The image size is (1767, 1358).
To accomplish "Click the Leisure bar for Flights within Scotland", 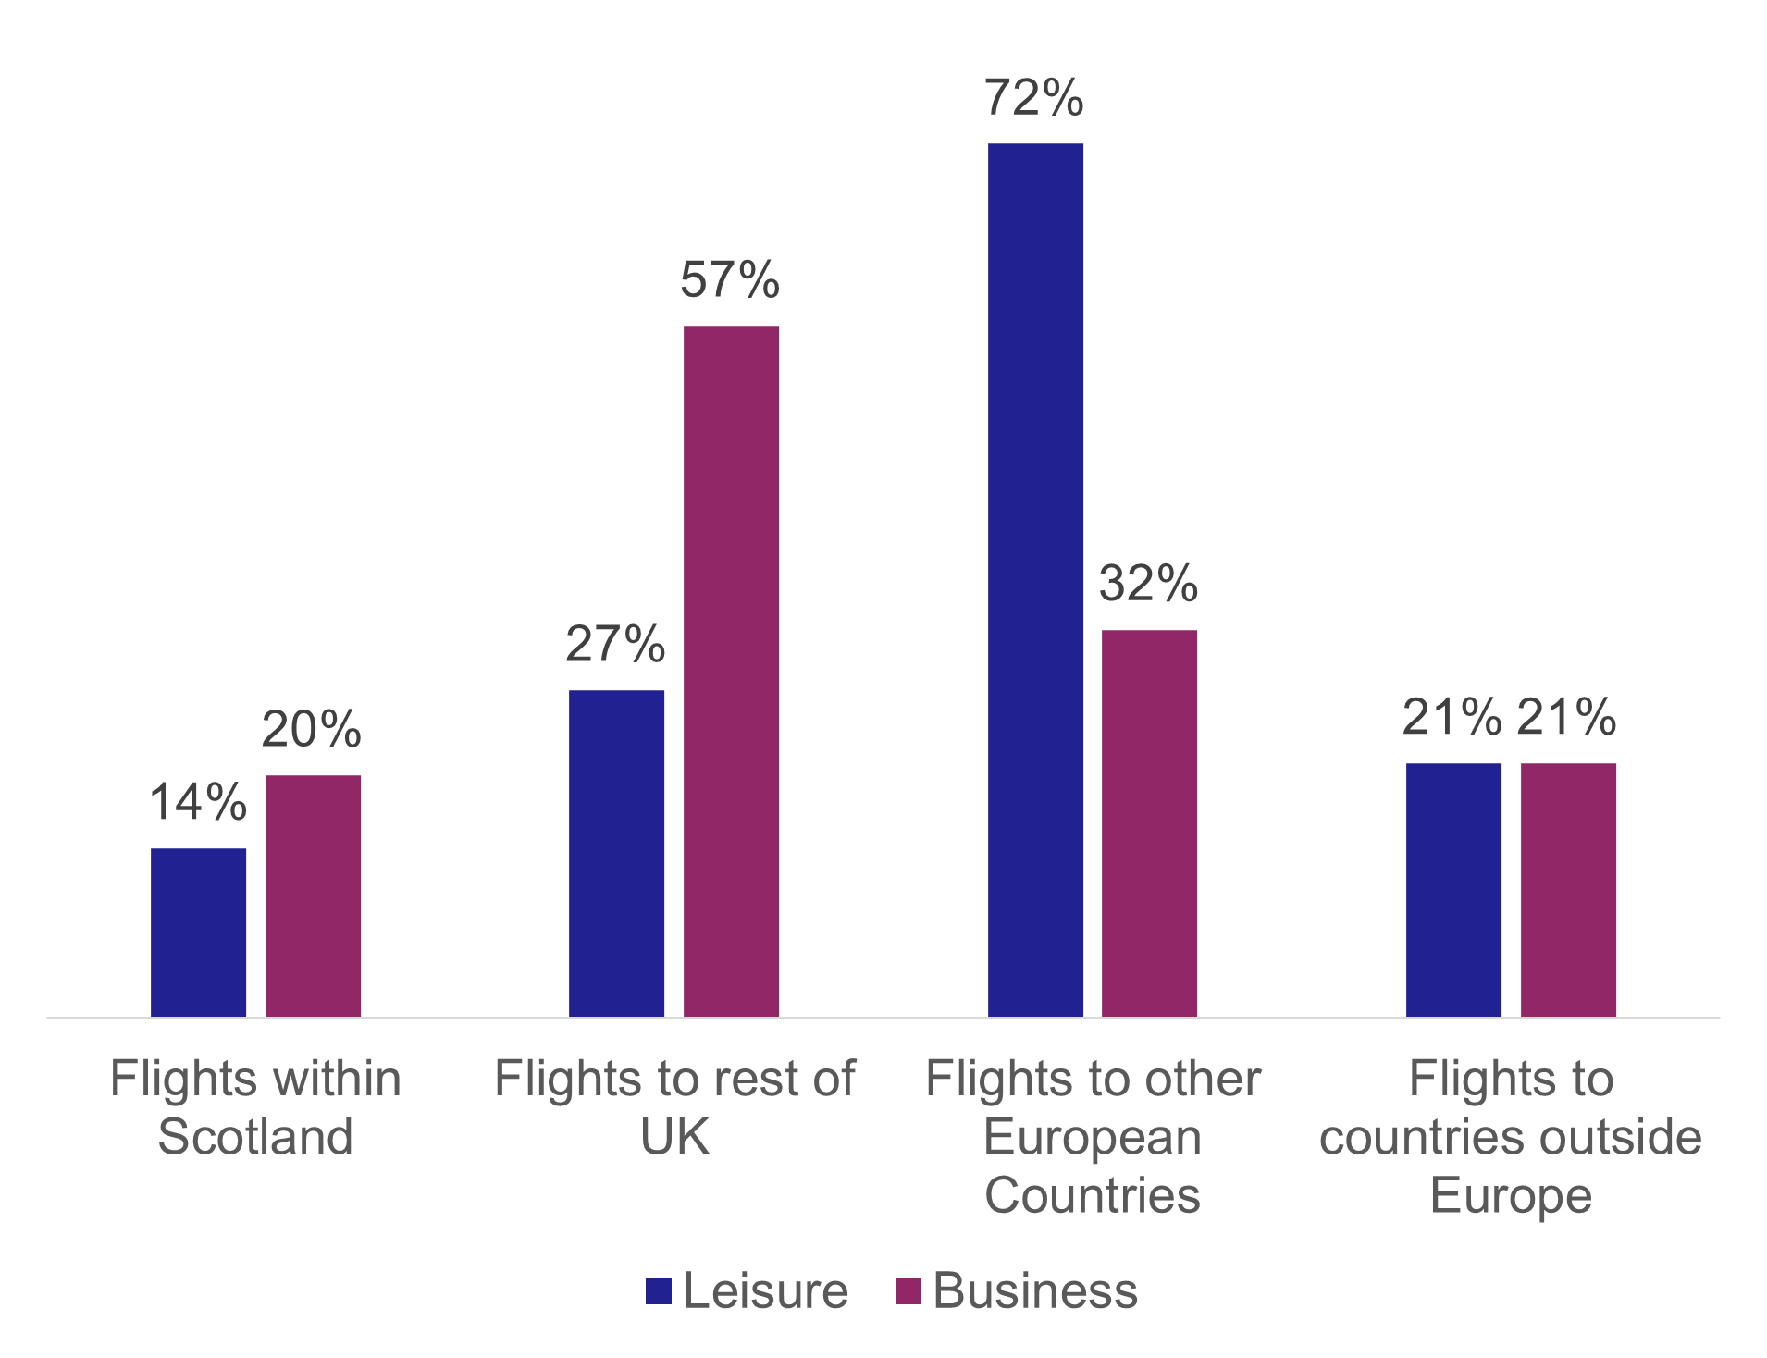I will (x=198, y=932).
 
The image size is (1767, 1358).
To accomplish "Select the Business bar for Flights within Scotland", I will (x=313, y=895).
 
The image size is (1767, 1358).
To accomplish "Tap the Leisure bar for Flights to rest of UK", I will (x=616, y=853).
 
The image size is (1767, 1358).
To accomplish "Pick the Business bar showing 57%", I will (x=731, y=671).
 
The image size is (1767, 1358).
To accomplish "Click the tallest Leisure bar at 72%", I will (x=1035, y=580).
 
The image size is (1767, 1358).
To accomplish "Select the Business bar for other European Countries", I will (x=1149, y=823).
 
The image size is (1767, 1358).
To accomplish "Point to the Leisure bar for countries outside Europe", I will (x=1453, y=890).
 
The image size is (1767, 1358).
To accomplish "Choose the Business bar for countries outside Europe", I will (x=1568, y=890).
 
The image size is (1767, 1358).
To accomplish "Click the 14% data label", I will (x=198, y=801).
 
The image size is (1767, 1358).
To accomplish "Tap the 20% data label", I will (x=312, y=729).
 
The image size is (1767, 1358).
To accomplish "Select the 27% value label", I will (x=615, y=644).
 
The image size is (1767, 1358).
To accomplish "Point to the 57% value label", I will (x=730, y=279).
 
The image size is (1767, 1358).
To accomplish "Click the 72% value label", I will (x=1034, y=97).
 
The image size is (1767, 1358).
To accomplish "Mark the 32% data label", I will (x=1148, y=583).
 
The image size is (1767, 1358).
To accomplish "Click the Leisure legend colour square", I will (x=659, y=1291).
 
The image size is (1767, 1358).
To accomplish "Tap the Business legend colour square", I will (x=908, y=1291).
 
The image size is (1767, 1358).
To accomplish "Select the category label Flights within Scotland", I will (x=255, y=1107).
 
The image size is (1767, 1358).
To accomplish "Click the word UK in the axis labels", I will (x=674, y=1137).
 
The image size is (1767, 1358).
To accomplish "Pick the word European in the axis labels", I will (x=1093, y=1137).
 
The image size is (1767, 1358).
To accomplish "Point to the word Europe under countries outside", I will (x=1511, y=1195).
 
